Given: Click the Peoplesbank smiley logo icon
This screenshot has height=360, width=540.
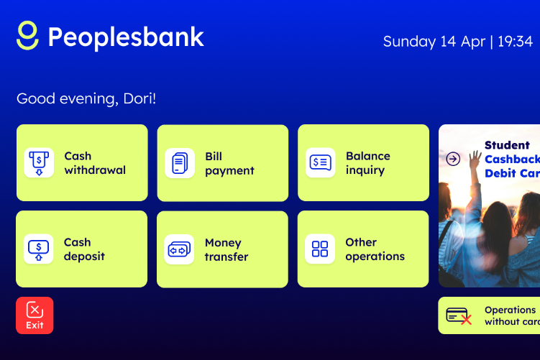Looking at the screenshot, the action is coord(27,35).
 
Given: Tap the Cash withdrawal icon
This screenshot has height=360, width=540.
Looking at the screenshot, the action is coord(39,163).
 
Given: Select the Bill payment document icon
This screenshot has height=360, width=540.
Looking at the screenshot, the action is coord(180,163).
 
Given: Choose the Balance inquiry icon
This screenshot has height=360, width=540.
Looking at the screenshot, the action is coord(320,163).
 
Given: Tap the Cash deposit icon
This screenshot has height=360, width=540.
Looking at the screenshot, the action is coord(39,249).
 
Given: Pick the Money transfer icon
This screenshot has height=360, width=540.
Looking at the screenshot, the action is coord(179,249).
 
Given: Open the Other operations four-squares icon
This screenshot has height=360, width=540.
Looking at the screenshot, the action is coord(319,249).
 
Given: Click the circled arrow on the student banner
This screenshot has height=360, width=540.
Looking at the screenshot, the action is coord(453,159).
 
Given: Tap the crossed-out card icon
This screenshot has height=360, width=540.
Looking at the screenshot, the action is coord(459,316).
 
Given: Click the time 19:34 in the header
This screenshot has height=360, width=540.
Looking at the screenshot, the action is coord(516,42).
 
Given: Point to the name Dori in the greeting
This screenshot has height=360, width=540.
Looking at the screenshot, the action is coord(138,98).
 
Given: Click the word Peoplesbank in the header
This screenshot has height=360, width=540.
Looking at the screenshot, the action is coord(126,37).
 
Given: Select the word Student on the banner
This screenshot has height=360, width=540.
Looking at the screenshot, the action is coord(507,145).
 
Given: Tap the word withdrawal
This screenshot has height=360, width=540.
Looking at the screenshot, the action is coord(95,170).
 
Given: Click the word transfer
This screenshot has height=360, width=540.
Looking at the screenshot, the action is coord(226,257).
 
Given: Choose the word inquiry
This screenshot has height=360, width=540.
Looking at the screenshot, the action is coord(365,171).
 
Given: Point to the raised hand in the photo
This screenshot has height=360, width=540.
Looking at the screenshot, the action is coord(475,159).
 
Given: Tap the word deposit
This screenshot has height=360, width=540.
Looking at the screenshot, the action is coord(84,257).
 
